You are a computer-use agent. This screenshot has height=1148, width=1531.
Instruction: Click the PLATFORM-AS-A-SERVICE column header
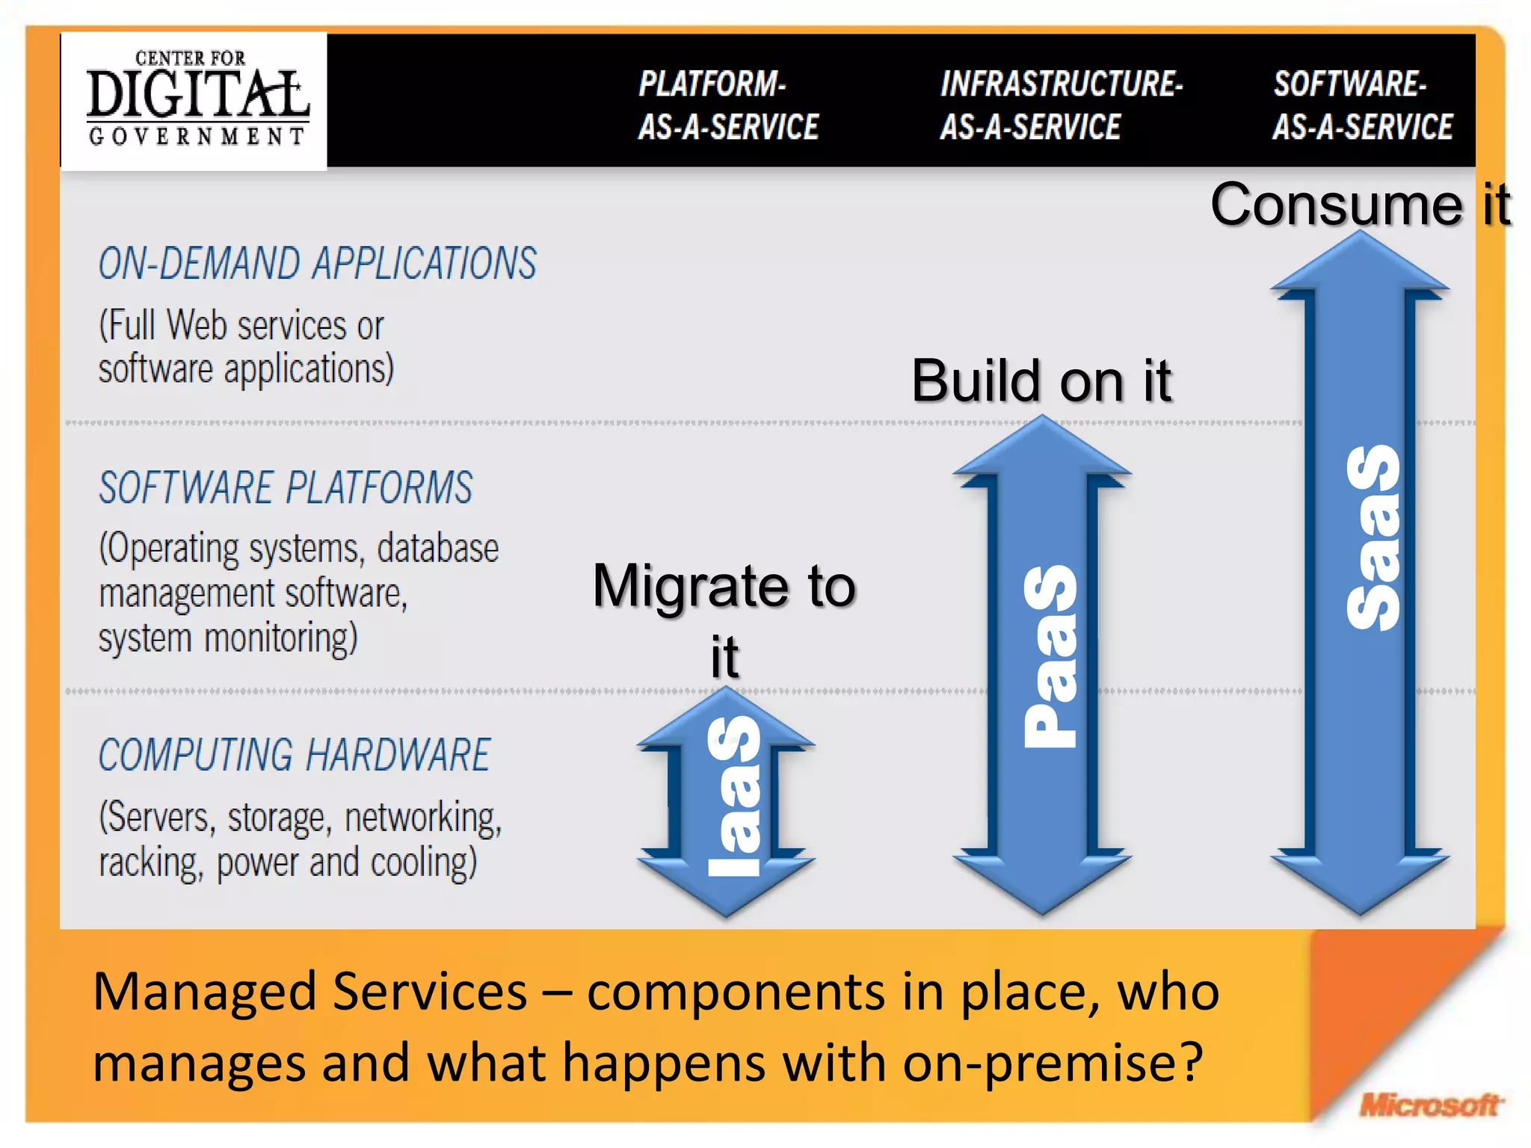727,105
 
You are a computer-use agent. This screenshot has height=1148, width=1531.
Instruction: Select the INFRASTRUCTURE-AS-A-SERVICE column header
1060,105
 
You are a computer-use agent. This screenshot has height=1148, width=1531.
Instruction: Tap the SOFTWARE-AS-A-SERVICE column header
1362,105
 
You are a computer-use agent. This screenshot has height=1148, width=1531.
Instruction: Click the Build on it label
1041,381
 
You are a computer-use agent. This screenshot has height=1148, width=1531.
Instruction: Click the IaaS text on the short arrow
734,796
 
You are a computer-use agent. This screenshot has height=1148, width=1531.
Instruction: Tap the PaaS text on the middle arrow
1050,656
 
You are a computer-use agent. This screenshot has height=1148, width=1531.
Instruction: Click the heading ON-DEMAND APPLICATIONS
317,263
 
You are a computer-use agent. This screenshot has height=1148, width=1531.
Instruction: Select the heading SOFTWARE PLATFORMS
286,487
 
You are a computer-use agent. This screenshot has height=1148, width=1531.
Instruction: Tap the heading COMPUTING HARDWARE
294,755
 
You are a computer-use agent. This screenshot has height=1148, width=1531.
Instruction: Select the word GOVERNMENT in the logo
196,136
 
